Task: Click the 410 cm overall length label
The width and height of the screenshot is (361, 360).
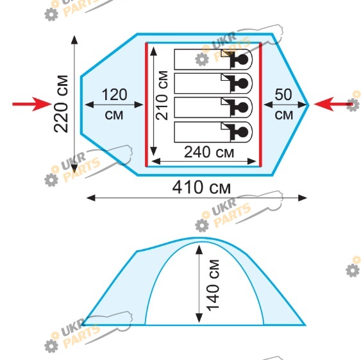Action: pyautogui.click(x=201, y=187)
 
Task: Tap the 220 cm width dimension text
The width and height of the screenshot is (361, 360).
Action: pyautogui.click(x=61, y=104)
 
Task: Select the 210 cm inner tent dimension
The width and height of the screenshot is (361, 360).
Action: pyautogui.click(x=162, y=96)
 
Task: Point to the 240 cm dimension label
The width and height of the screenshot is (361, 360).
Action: pyautogui.click(x=209, y=152)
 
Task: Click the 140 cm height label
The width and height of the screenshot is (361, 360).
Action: pyautogui.click(x=212, y=286)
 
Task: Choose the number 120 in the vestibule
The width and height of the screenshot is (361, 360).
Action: pyautogui.click(x=114, y=94)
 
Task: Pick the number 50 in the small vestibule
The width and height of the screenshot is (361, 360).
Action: pyautogui.click(x=283, y=94)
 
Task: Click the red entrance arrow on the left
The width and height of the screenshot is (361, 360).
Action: pyautogui.click(x=32, y=104)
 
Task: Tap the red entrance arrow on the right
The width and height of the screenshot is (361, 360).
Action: pyautogui.click(x=333, y=104)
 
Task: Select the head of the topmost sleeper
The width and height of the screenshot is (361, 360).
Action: pyautogui.click(x=242, y=60)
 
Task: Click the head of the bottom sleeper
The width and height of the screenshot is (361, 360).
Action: pyautogui.click(x=242, y=132)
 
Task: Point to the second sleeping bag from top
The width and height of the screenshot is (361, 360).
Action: pyautogui.click(x=213, y=83)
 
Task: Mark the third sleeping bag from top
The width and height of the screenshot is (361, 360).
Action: pyautogui.click(x=213, y=108)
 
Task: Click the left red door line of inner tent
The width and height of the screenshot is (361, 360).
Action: pyautogui.click(x=146, y=105)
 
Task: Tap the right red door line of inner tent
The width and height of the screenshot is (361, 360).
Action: pyautogui.click(x=260, y=105)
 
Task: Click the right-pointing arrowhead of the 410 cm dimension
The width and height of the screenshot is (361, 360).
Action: pyautogui.click(x=303, y=198)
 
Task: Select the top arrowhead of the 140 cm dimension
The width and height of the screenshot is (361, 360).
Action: pyautogui.click(x=199, y=250)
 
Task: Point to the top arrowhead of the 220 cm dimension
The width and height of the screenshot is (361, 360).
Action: pyautogui.click(x=74, y=40)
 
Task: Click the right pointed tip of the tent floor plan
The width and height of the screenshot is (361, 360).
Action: pyautogui.click(x=308, y=105)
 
